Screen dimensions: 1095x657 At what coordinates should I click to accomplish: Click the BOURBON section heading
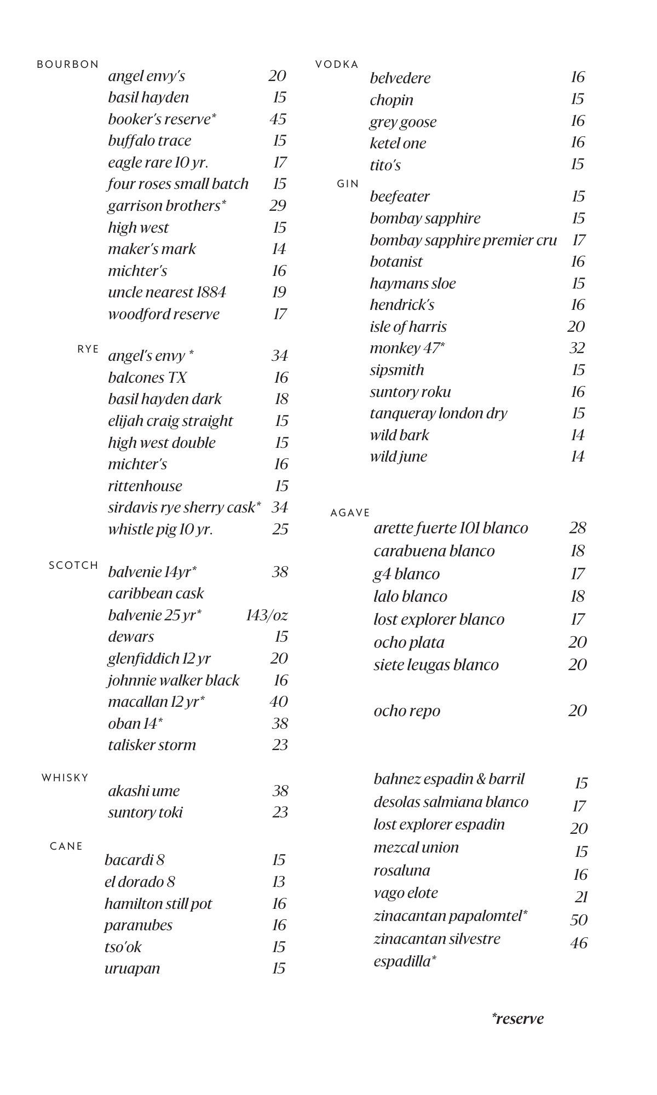pos(68,65)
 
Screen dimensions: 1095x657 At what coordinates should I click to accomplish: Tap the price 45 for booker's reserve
pos(278,119)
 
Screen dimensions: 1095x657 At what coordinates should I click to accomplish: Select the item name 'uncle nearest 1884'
pos(167,292)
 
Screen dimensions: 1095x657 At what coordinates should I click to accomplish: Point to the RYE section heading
pos(88,349)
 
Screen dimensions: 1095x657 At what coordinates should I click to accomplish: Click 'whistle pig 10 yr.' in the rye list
pos(160,529)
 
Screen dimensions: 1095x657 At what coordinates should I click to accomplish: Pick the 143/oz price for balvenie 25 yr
pos(267,615)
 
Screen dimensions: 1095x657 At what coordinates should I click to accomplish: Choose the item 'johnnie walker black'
pos(174,680)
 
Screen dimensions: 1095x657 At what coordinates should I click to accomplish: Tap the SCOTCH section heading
pos(74,566)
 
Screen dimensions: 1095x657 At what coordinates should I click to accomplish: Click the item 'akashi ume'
pos(144,791)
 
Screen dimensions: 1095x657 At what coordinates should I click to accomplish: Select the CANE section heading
pos(66,846)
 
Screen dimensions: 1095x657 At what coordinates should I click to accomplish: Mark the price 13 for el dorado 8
pos(279,881)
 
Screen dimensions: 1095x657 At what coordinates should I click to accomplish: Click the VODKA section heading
pos(337,65)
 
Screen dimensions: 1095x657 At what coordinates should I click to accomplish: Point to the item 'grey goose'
pos(403,122)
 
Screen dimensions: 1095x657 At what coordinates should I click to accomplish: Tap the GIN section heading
pos(348,184)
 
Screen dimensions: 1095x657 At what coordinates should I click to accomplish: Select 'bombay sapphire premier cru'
pos(463,240)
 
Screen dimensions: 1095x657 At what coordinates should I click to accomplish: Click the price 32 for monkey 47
pos(577,348)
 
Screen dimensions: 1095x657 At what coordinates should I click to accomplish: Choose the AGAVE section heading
pos(350,513)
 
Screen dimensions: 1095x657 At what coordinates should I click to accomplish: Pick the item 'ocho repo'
pos(407,711)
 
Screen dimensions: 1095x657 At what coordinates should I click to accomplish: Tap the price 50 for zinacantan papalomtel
pos(579,920)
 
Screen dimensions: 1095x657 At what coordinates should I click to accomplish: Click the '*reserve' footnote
pos(517,1019)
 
